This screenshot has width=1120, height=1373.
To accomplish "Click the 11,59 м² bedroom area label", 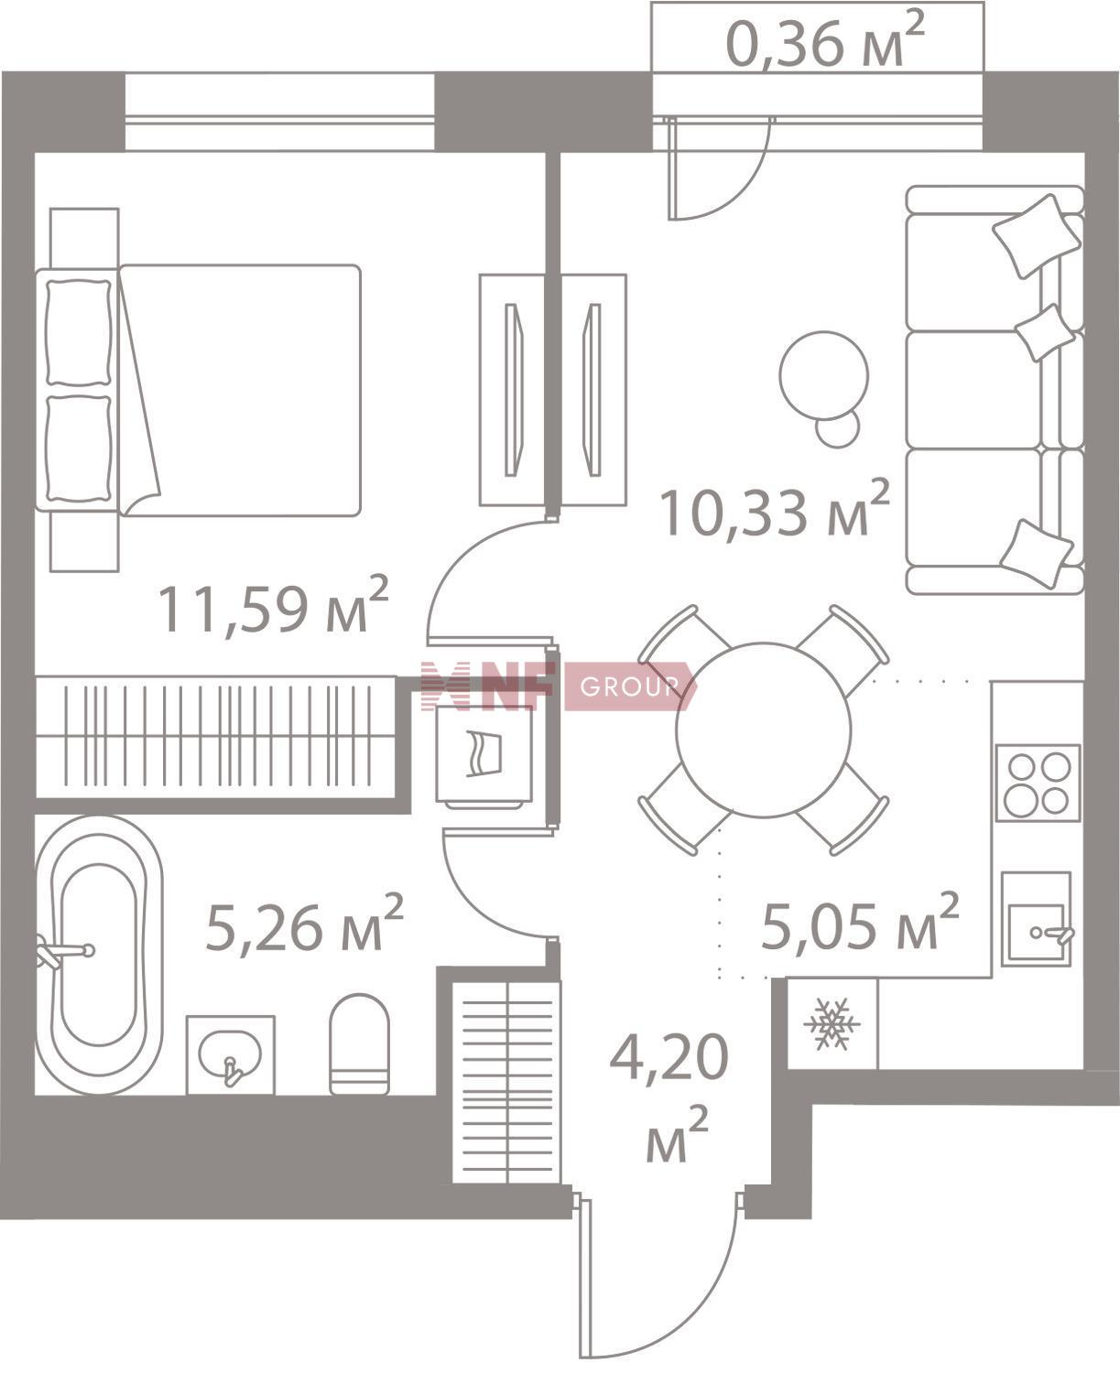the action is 274,605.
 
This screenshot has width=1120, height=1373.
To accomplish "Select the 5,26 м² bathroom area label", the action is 305,924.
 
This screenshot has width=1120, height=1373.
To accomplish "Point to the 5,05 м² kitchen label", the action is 860,923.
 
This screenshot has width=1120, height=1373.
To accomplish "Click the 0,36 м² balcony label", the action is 825,39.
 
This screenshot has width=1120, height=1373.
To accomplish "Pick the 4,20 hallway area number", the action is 669,1058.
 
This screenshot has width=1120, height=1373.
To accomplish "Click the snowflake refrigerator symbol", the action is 832,1024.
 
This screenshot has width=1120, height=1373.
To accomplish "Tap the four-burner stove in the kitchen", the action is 1038,784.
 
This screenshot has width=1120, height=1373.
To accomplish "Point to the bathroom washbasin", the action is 230,1054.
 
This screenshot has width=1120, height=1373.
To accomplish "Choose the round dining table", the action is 764,730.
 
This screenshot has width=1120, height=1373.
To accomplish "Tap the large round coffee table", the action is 824,375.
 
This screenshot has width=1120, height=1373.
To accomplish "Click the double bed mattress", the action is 240,390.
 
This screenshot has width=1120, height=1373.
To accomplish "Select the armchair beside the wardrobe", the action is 484,754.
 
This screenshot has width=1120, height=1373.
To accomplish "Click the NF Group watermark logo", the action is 557,686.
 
